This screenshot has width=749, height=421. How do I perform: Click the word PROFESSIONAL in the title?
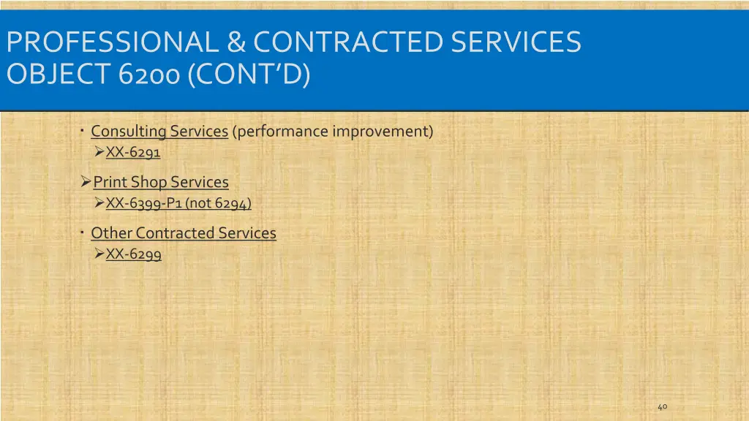tap(113, 42)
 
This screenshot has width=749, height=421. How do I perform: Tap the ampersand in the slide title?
tap(236, 42)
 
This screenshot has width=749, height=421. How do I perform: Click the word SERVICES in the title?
tap(516, 42)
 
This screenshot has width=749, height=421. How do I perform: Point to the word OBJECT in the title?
tap(57, 75)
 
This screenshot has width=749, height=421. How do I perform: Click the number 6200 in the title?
tap(148, 75)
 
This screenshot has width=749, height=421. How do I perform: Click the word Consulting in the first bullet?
tap(129, 132)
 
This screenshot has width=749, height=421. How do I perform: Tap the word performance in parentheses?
tap(280, 132)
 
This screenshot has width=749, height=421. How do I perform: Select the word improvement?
tap(383, 132)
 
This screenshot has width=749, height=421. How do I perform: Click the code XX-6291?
tap(133, 153)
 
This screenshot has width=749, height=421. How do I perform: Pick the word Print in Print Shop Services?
tap(110, 182)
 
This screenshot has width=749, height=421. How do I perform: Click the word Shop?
tap(148, 182)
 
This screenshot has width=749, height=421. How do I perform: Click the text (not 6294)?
tap(218, 204)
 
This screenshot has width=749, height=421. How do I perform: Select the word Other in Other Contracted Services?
tap(111, 233)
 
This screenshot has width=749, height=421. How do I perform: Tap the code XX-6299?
tap(134, 254)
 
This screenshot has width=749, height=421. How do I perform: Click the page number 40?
tap(662, 406)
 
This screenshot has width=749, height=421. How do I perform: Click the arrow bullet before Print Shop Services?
tap(86, 181)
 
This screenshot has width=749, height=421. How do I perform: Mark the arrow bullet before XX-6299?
tap(99, 254)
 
